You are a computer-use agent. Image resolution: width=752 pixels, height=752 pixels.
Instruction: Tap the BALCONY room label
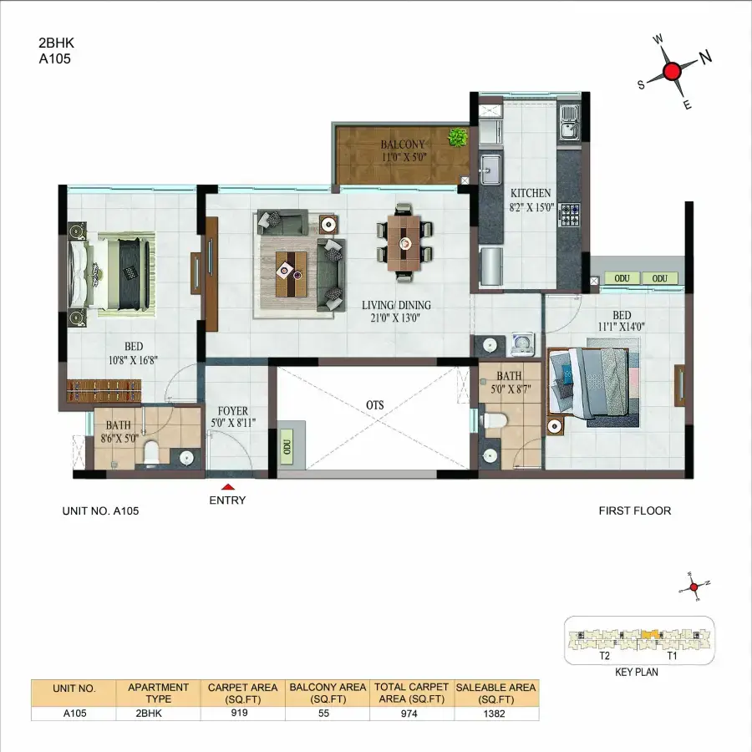403,144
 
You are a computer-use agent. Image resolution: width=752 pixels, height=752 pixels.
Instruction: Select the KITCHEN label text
531,192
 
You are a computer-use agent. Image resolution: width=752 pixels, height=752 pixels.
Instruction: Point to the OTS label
374,404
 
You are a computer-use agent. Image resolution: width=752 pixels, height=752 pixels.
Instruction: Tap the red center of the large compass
673,71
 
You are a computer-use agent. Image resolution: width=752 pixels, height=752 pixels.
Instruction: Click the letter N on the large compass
705,57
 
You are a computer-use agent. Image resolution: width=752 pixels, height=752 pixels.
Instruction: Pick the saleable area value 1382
496,714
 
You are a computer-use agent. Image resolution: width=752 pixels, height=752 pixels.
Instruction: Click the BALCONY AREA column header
328,693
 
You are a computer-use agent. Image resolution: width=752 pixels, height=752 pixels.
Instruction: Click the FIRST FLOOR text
634,511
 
